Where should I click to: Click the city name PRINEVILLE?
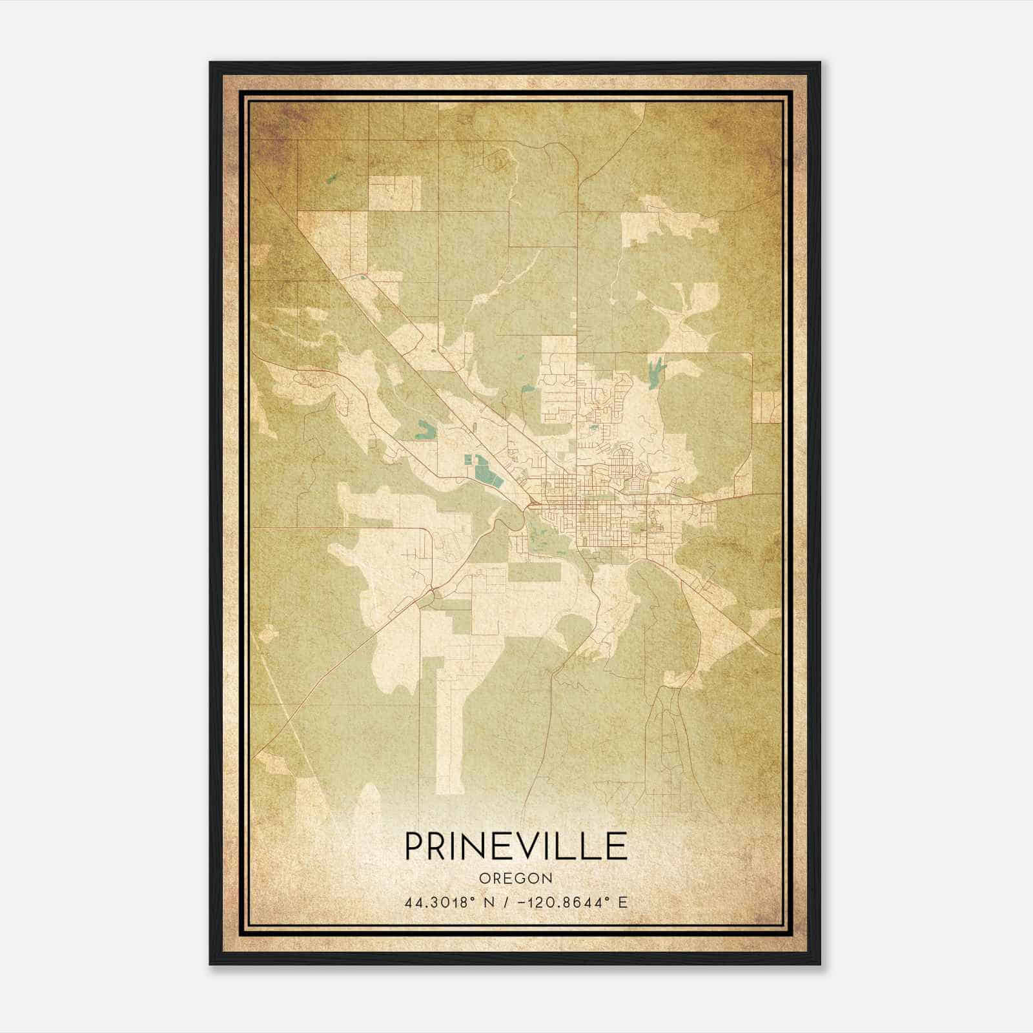pos(516,845)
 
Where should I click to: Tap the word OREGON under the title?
pos(516,878)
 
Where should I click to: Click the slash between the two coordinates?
pos(506,903)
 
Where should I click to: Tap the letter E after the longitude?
pos(622,903)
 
